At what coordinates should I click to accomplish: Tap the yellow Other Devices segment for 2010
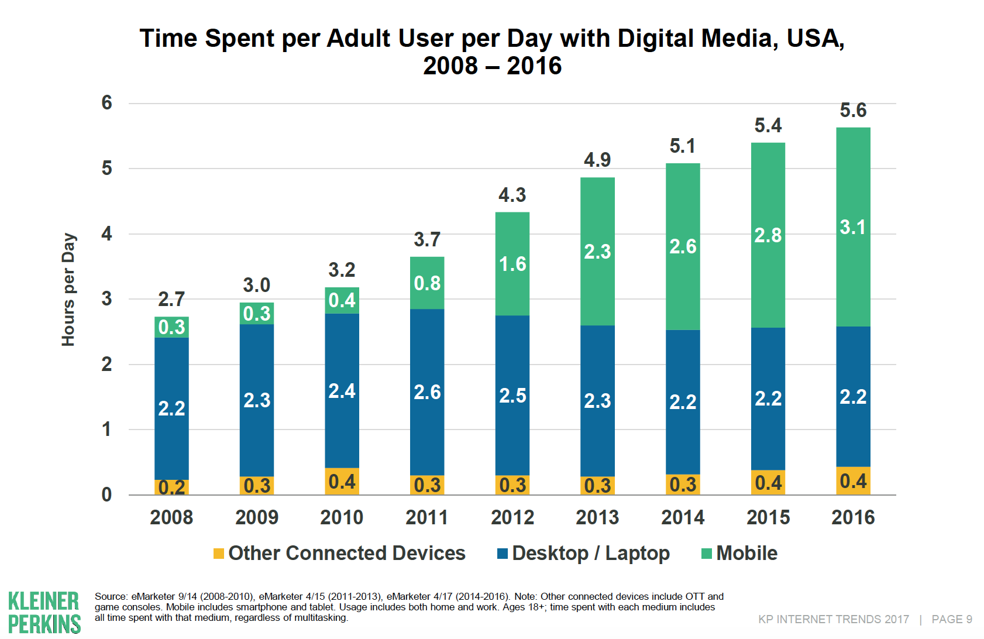(342, 481)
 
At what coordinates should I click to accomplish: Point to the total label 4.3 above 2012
(512, 195)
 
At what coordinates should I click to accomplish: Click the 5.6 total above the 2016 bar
(853, 110)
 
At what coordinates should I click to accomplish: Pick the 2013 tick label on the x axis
(597, 517)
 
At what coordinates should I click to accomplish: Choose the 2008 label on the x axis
(171, 517)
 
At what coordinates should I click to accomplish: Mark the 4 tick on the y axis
(106, 234)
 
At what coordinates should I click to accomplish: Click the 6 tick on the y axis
(106, 103)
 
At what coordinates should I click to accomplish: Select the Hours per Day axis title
(68, 290)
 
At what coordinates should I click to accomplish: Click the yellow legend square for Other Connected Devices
(219, 554)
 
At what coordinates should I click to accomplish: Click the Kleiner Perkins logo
(44, 612)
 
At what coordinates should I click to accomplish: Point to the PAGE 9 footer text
(952, 619)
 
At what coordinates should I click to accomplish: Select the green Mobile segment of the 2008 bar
(171, 327)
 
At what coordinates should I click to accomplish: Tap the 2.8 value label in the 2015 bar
(768, 235)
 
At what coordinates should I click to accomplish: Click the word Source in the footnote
(111, 596)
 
